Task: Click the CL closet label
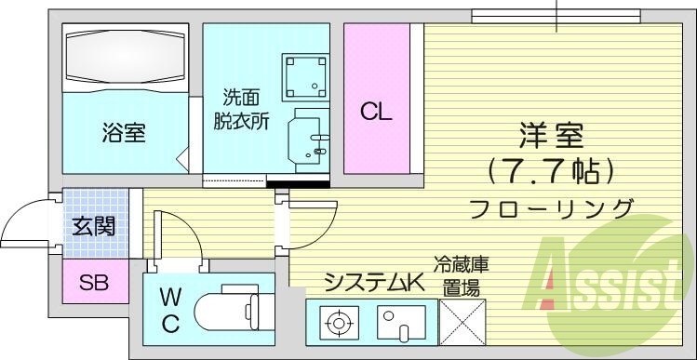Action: (x=377, y=113)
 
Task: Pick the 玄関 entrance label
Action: (x=94, y=226)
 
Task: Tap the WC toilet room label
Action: (x=169, y=311)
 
